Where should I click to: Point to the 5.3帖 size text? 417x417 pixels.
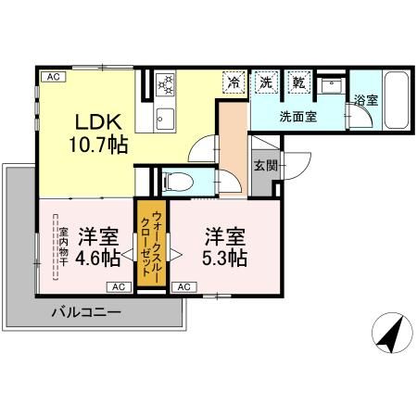tap(225, 258)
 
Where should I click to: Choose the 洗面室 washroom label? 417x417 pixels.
tap(297, 116)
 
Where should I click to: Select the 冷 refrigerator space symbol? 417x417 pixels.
tap(234, 82)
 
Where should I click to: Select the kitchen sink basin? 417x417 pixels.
tap(165, 118)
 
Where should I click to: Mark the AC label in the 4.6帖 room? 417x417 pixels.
tap(120, 286)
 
